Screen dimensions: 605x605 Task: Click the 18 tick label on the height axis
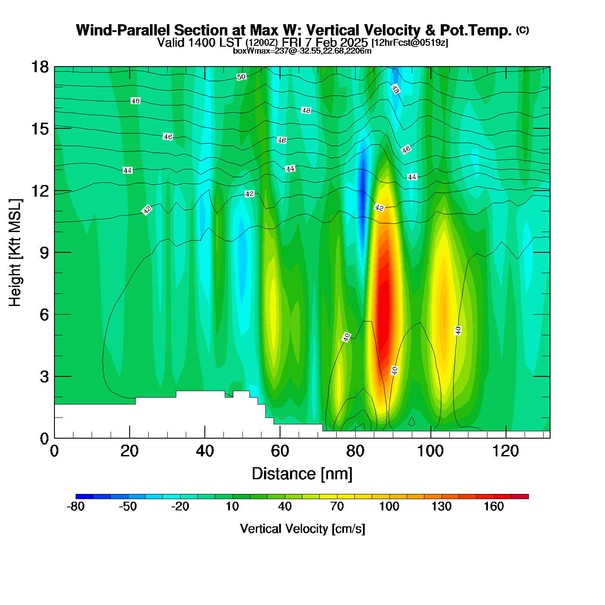click(40, 67)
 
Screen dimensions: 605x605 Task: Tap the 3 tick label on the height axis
click(44, 377)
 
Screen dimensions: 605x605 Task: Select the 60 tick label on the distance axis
click(280, 451)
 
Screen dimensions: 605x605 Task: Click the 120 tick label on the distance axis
click(505, 451)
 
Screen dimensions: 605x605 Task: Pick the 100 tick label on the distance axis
click(430, 451)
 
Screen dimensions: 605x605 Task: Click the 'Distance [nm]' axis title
click(302, 474)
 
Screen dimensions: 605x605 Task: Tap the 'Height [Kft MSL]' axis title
click(15, 253)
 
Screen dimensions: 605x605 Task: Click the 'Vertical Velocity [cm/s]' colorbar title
click(302, 529)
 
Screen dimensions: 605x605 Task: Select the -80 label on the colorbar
click(76, 506)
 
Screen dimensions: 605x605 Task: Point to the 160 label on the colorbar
click(494, 506)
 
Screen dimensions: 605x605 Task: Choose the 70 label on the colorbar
click(337, 506)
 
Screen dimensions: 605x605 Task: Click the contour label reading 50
click(241, 77)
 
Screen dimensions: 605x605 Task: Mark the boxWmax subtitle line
click(302, 51)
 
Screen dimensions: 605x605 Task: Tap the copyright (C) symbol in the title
click(522, 30)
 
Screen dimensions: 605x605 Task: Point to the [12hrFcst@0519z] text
click(410, 43)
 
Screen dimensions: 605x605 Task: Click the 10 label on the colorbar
click(232, 506)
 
